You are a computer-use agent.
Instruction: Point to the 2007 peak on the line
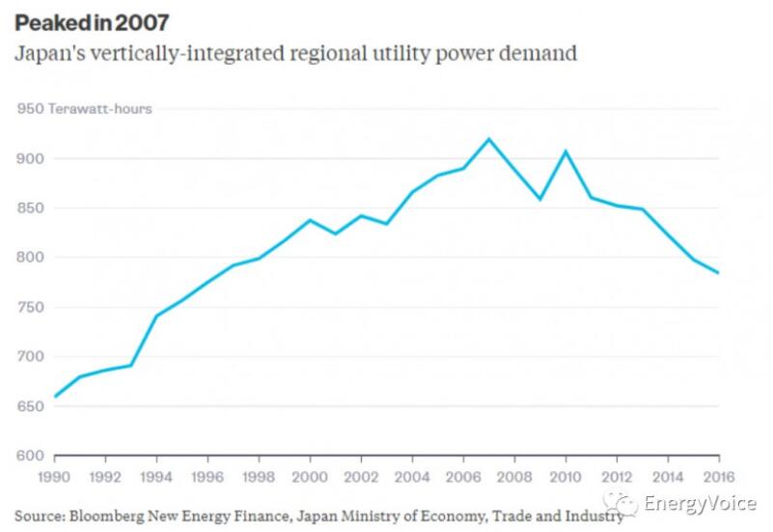(x=488, y=139)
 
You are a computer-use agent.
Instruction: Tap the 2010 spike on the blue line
(x=566, y=152)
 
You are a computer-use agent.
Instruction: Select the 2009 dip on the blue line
(x=540, y=199)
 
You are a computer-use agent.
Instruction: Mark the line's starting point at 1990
(x=55, y=396)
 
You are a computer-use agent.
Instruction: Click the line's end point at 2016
(x=718, y=272)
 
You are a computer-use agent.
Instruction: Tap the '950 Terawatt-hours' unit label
(x=84, y=108)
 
